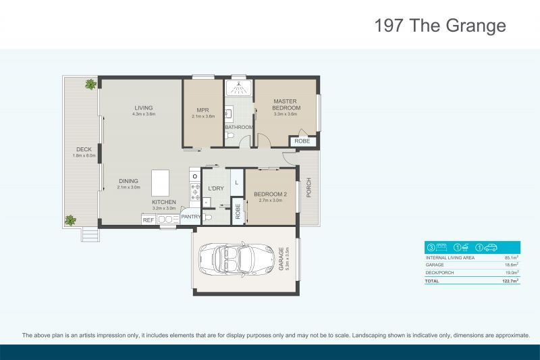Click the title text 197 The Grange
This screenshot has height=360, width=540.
point(440,26)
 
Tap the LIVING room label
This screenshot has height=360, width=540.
point(143,108)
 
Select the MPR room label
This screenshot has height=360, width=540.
point(202,110)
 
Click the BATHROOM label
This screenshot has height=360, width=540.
point(239,127)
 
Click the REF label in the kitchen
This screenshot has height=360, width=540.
point(148,220)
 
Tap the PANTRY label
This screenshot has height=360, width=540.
point(190,216)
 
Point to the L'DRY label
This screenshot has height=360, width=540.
point(215,188)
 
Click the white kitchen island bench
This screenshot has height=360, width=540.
point(160,182)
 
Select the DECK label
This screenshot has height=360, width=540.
point(84,149)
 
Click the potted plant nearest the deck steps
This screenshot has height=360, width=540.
point(70,220)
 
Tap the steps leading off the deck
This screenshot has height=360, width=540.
point(90,234)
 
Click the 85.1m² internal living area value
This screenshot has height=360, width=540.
point(511,257)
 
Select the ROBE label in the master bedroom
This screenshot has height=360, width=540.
point(302,141)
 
